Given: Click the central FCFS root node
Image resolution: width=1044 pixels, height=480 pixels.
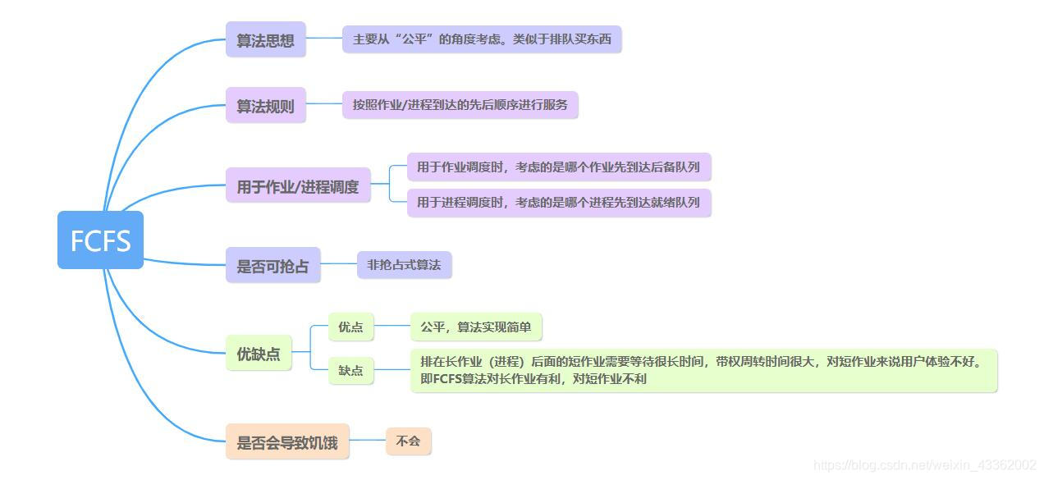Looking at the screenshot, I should pyautogui.click(x=100, y=240).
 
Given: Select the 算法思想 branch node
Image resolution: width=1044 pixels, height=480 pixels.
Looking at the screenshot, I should pyautogui.click(x=265, y=39).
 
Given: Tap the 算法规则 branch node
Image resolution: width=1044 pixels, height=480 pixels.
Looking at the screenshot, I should pyautogui.click(x=265, y=105).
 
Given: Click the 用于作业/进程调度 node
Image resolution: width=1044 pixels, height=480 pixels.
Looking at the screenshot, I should pyautogui.click(x=298, y=185).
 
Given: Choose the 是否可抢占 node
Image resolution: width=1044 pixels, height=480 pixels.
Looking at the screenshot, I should pyautogui.click(x=272, y=265).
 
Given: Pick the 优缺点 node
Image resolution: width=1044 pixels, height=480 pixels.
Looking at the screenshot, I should pyautogui.click(x=259, y=354).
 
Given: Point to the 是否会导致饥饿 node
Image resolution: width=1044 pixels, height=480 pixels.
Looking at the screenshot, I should pyautogui.click(x=287, y=441).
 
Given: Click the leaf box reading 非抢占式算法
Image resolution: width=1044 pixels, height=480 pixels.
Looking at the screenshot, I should pyautogui.click(x=404, y=264).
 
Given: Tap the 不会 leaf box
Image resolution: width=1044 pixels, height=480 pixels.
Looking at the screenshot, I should pyautogui.click(x=408, y=441).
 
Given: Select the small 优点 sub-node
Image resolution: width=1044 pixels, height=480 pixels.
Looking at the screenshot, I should pyautogui.click(x=350, y=327).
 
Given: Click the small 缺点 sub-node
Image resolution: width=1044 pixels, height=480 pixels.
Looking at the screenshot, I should pyautogui.click(x=350, y=370).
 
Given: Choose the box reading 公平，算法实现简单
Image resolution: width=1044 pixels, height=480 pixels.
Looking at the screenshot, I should pyautogui.click(x=476, y=327).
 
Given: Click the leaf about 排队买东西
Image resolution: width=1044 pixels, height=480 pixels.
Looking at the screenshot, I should pyautogui.click(x=482, y=39).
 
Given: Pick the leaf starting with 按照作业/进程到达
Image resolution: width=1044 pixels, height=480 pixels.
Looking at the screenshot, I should pyautogui.click(x=460, y=104).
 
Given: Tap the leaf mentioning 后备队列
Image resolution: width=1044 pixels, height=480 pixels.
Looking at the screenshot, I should pyautogui.click(x=558, y=167).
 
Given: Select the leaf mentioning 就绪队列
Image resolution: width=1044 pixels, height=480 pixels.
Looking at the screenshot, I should pyautogui.click(x=558, y=202).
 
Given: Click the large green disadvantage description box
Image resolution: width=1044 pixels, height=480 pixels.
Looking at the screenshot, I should pyautogui.click(x=703, y=370).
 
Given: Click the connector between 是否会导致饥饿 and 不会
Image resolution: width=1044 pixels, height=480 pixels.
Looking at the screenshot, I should pyautogui.click(x=368, y=441).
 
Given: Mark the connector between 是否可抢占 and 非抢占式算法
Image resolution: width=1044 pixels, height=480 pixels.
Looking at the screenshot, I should pyautogui.click(x=338, y=264).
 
